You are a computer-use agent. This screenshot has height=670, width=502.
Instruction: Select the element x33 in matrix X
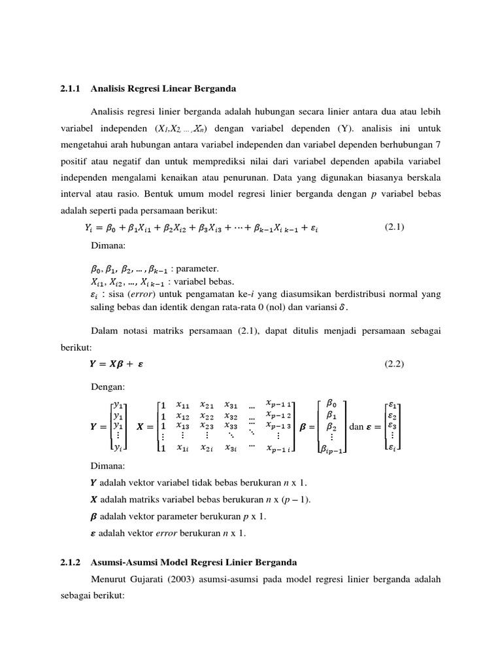231,425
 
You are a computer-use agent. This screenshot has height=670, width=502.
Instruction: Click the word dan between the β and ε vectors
356,427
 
